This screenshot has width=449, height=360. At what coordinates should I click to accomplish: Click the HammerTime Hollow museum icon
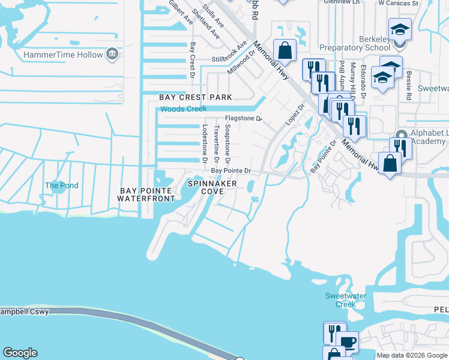(x=112, y=55)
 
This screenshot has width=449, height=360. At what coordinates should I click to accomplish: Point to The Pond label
(x=61, y=185)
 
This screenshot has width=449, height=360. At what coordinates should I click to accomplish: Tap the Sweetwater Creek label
(x=341, y=300)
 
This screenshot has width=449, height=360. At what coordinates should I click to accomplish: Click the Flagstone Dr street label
(x=243, y=119)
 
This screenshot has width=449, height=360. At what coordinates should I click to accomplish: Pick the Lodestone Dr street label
(x=205, y=144)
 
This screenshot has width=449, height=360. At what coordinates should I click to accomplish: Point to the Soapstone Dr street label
(x=227, y=144)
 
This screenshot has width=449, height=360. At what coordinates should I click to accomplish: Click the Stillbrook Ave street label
(x=229, y=59)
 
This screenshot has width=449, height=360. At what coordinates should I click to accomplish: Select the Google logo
(x=20, y=353)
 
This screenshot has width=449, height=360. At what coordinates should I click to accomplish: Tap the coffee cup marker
(x=349, y=343)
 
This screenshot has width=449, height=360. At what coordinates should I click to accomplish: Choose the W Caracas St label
(x=398, y=3)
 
